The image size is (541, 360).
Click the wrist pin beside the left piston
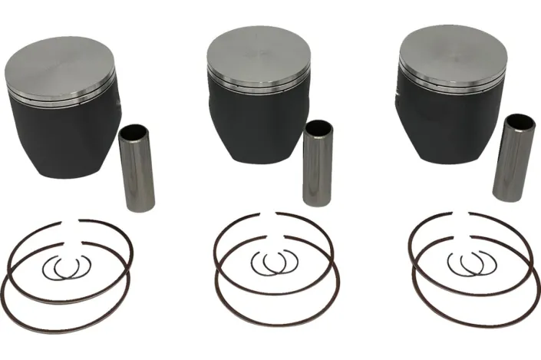pos(138,169)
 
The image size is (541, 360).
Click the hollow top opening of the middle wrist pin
pos(315,127)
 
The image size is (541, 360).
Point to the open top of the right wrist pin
pos(520,121)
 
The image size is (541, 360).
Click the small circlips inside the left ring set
pos(68,268)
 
